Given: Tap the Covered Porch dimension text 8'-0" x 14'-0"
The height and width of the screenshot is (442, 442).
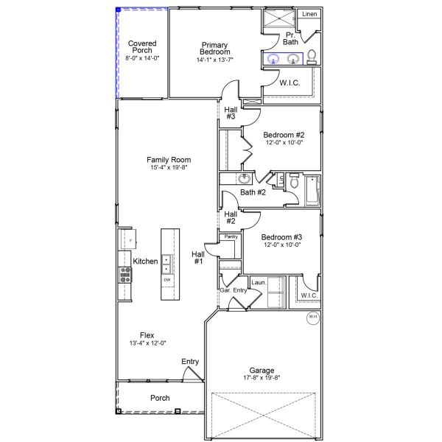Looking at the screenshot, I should point(142,57).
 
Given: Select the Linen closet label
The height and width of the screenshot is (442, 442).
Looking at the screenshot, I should point(309,14).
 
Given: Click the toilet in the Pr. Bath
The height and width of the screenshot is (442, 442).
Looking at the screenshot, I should point(312,57).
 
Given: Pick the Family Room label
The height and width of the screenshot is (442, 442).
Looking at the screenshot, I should point(169,160).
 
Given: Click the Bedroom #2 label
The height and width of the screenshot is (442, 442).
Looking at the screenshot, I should point(284,136).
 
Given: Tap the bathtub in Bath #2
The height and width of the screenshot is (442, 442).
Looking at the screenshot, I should point(312,189).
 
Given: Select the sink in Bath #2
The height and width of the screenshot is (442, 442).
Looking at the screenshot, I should point(244,178).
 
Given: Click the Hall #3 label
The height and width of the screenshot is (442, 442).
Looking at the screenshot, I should point(231,113).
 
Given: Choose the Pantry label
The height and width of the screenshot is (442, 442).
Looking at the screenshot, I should point(231,236).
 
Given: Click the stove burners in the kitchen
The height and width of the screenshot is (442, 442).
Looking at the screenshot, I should point(125,275).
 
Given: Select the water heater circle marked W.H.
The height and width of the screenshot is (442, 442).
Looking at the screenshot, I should point(312,318).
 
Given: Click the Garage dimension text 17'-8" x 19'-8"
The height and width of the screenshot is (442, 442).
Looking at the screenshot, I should point(262,378).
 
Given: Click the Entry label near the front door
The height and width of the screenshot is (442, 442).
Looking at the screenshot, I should point(190,361).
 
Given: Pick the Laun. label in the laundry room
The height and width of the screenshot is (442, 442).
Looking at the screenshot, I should point(258,282).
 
